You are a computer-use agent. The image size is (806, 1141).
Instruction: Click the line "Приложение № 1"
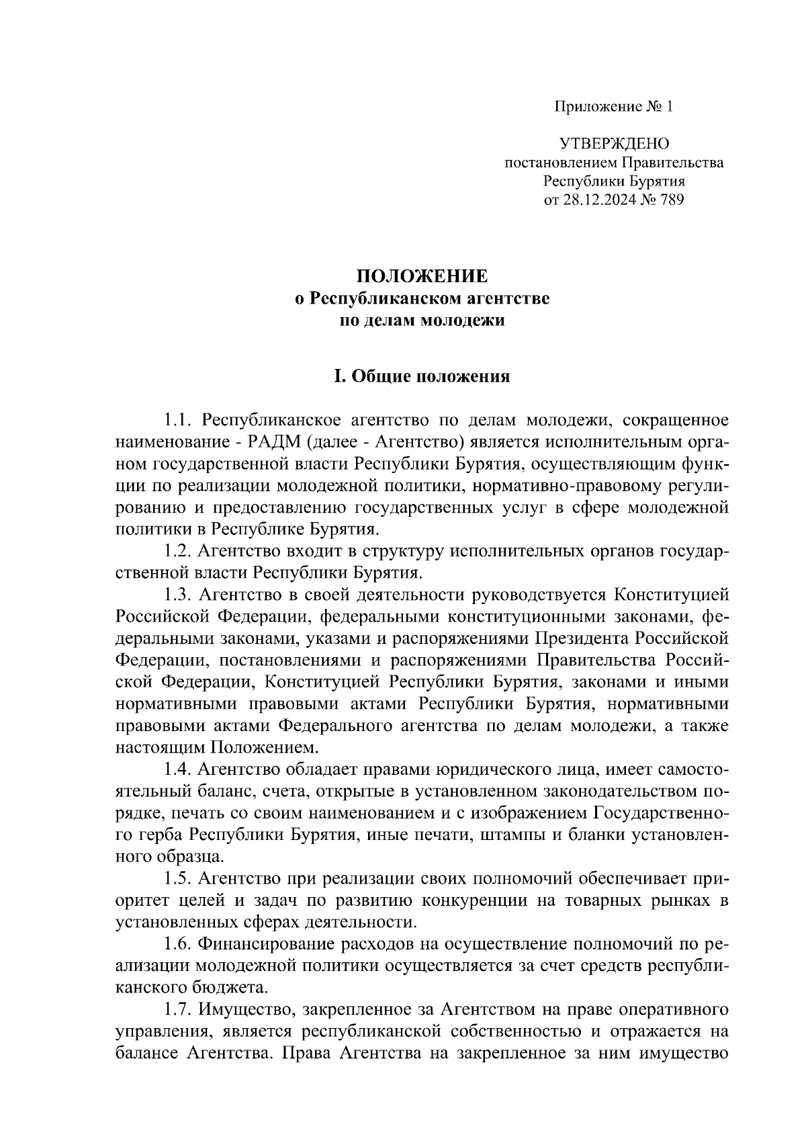pyautogui.click(x=613, y=106)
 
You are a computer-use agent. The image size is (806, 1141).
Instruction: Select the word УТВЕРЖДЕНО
pyautogui.click(x=614, y=143)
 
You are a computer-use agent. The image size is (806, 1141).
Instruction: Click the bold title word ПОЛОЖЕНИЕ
pyautogui.click(x=422, y=277)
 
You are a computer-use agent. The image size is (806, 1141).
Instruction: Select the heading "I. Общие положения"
pyautogui.click(x=422, y=376)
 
